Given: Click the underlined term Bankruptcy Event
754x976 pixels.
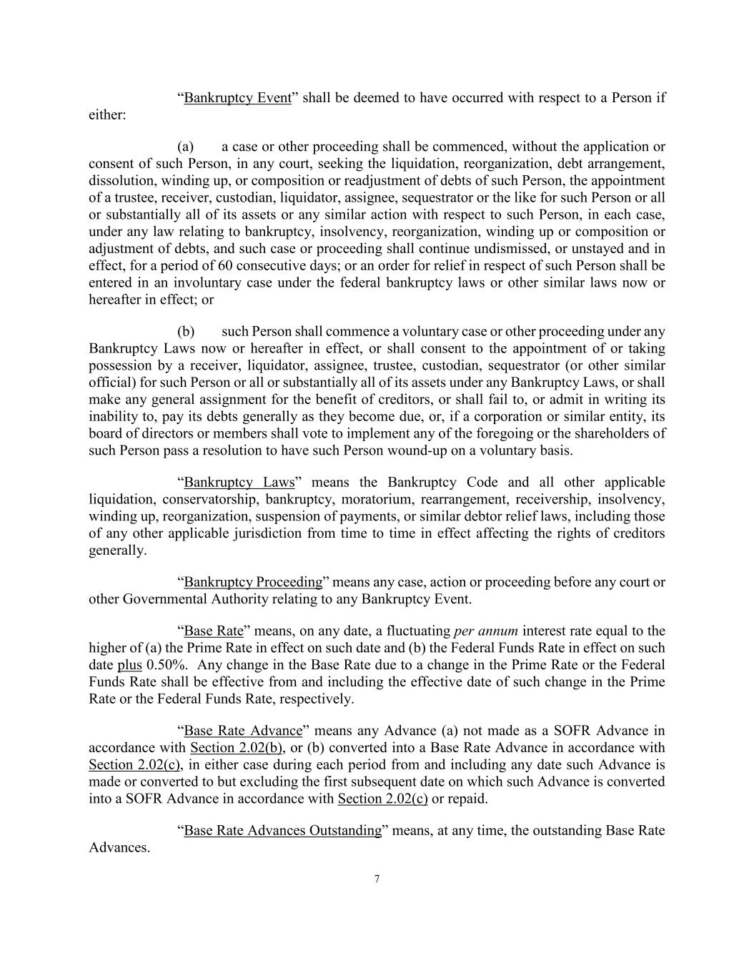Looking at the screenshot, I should (x=237, y=98).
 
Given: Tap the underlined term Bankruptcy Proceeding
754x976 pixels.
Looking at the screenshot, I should (x=253, y=582).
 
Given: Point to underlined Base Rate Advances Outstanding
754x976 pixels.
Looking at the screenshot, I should (x=283, y=831).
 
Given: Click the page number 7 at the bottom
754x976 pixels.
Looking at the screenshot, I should (x=377, y=879).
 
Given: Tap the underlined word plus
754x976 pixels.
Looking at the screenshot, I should (x=129, y=666).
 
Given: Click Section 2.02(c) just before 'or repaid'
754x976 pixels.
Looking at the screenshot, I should (x=382, y=799).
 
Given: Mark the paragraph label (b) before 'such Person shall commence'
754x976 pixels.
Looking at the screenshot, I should (x=186, y=332).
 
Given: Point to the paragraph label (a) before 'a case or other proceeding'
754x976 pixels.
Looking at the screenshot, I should (x=186, y=147).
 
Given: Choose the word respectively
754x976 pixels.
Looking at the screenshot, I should (x=314, y=699).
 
